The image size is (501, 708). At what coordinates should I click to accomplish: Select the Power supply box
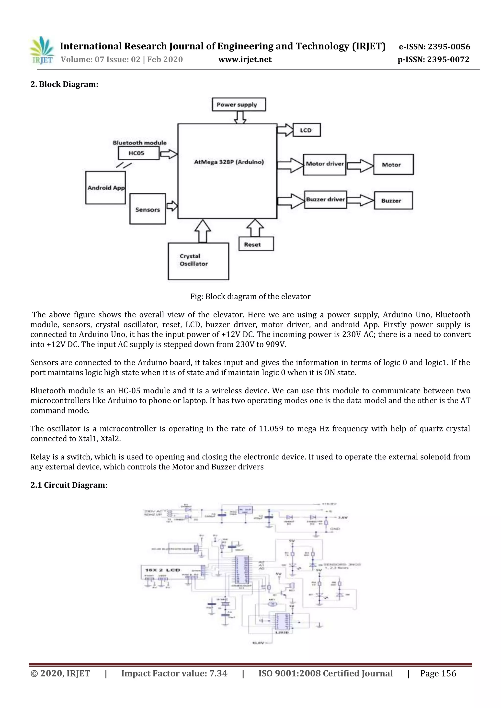(239, 105)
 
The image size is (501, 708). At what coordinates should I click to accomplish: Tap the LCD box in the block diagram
(306, 130)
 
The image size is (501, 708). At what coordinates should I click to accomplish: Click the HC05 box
(138, 153)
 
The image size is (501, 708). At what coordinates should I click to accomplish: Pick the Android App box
(105, 188)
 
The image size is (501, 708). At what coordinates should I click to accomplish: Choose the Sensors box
(148, 209)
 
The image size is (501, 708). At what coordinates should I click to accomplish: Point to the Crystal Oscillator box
(198, 261)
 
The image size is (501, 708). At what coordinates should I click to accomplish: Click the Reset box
(256, 244)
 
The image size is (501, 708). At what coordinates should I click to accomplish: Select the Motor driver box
(325, 164)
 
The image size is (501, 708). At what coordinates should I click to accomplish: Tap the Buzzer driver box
(325, 199)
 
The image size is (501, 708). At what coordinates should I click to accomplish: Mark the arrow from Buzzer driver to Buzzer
(360, 200)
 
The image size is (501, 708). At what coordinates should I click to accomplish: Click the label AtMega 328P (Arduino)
(228, 162)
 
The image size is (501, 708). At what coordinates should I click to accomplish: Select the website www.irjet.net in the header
(245, 59)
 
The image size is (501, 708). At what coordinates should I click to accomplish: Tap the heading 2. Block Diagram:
(64, 84)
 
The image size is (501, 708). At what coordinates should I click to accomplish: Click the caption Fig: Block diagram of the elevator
(250, 297)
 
